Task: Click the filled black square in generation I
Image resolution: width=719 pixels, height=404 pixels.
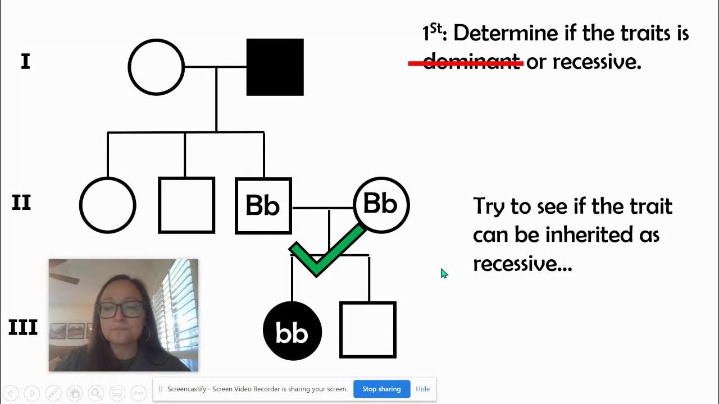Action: pyautogui.click(x=275, y=67)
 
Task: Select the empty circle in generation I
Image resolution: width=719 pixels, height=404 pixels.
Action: pyautogui.click(x=156, y=67)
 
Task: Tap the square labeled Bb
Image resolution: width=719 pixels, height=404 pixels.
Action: pyautogui.click(x=263, y=205)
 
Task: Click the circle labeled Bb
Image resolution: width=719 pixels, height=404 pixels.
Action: pyautogui.click(x=381, y=205)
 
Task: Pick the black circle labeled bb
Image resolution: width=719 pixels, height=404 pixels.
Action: pyautogui.click(x=292, y=331)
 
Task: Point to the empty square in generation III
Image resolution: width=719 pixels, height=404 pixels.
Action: pyautogui.click(x=368, y=330)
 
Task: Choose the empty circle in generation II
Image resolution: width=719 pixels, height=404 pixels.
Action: pyautogui.click(x=108, y=205)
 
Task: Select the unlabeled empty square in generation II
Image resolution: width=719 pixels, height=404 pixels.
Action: pyautogui.click(x=186, y=205)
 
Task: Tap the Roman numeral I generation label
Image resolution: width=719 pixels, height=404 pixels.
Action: pyautogui.click(x=25, y=62)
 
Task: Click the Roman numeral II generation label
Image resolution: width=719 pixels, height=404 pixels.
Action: pyautogui.click(x=21, y=202)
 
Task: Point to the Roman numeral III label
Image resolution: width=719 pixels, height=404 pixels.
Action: pyautogui.click(x=23, y=327)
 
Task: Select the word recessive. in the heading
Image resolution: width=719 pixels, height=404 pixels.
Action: pyautogui.click(x=597, y=62)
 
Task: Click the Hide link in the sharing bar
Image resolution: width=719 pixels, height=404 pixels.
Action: pyautogui.click(x=422, y=389)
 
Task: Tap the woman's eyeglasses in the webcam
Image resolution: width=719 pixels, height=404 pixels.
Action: pyautogui.click(x=120, y=309)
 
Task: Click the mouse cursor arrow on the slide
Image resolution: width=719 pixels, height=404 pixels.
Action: pyautogui.click(x=443, y=273)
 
